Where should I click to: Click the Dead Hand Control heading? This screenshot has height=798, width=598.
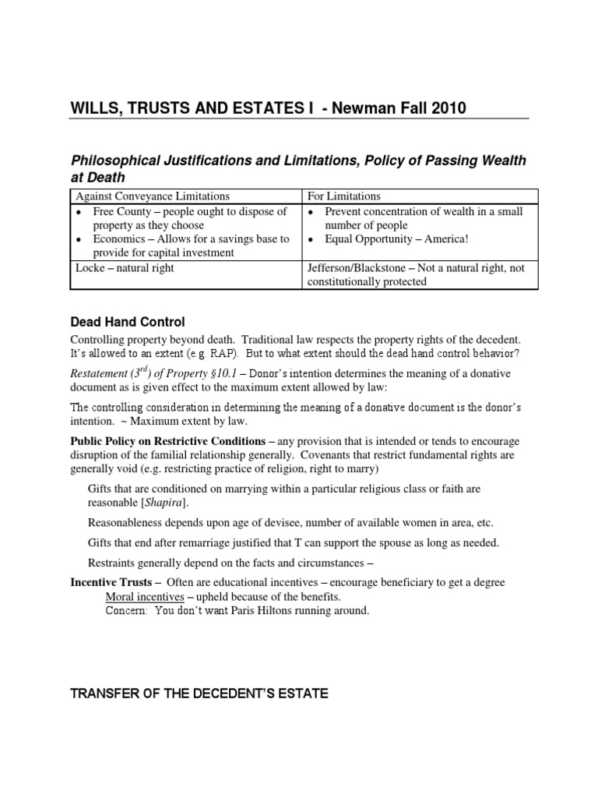(128, 322)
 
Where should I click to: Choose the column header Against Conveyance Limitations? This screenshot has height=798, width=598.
(152, 196)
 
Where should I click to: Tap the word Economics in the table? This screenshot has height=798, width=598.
(123, 239)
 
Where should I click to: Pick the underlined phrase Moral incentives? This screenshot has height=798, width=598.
(145, 596)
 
